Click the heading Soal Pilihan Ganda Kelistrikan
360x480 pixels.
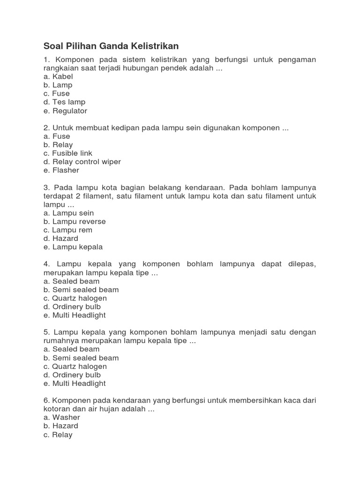[x=111, y=46]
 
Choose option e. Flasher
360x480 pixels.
[x=61, y=170]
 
